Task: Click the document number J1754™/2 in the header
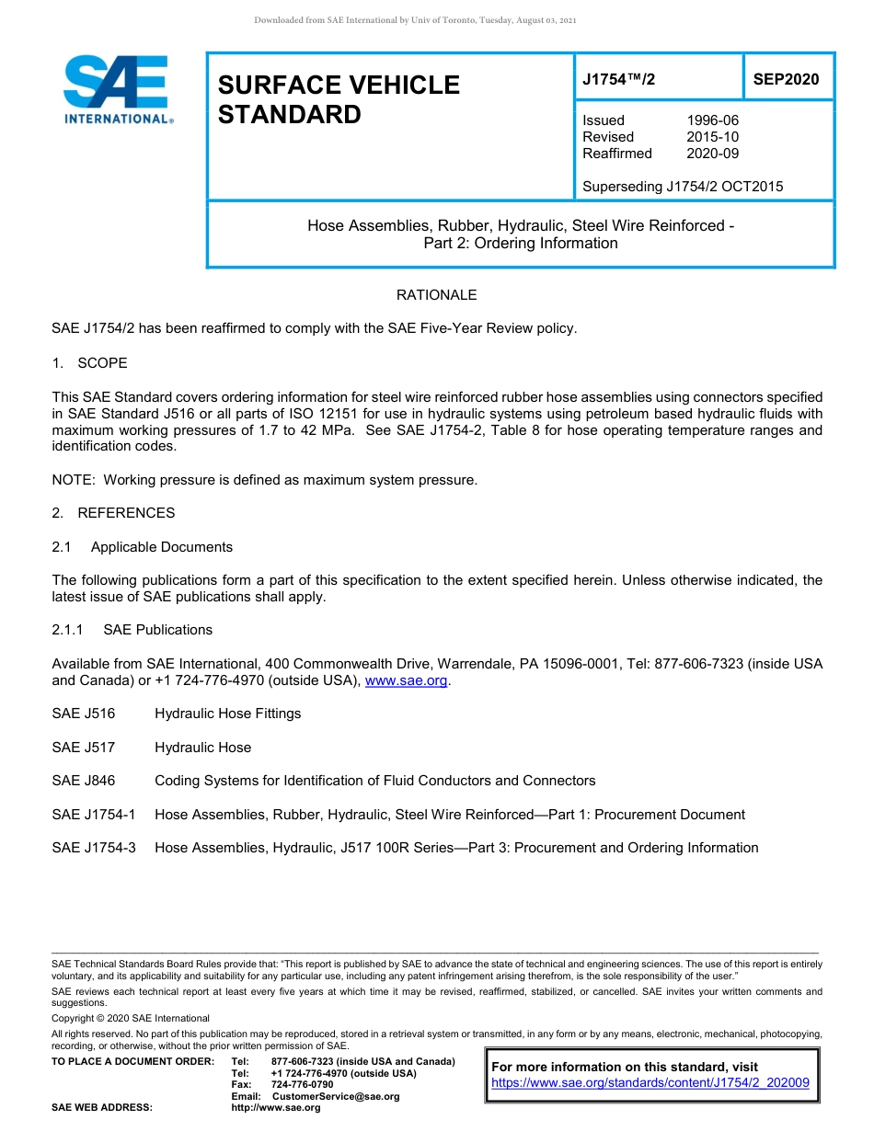tap(618, 79)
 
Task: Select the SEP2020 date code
tap(786, 79)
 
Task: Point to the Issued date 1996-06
tap(712, 120)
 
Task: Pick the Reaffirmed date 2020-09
tap(712, 154)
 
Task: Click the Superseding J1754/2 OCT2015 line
tap(683, 187)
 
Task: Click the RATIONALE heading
tap(436, 295)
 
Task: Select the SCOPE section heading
tap(102, 363)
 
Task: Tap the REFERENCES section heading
tap(125, 513)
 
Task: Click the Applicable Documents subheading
tap(161, 547)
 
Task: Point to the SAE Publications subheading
tap(157, 630)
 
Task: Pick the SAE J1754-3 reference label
tap(94, 848)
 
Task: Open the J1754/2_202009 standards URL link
tap(650, 1083)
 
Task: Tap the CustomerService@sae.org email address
tap(336, 1096)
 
